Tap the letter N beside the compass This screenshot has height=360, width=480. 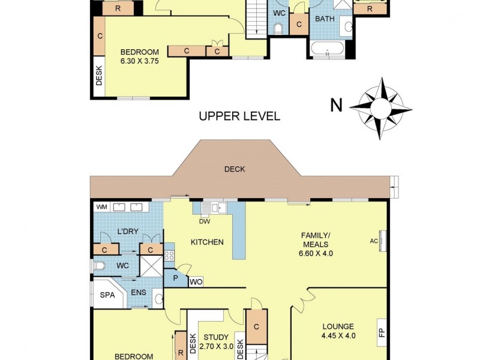[337, 106]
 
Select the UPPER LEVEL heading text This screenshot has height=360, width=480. [239, 116]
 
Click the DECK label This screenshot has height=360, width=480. [235, 169]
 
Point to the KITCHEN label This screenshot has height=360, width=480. [207, 242]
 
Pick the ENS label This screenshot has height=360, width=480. [139, 292]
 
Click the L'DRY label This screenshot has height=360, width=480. [127, 232]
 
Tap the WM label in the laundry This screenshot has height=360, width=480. [101, 207]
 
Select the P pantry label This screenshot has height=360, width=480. [175, 278]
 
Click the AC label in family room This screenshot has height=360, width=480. [374, 241]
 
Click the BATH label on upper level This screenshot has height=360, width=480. [325, 19]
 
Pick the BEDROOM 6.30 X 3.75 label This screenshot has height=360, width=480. [139, 56]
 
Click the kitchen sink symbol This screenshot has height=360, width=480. [214, 208]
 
